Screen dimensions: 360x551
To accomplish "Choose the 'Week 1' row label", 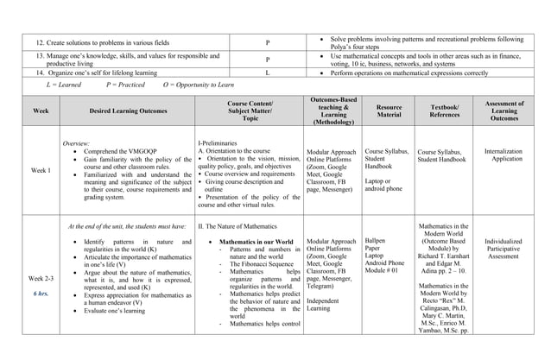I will tap(41, 170).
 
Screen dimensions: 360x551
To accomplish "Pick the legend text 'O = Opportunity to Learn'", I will tap(198, 86).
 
